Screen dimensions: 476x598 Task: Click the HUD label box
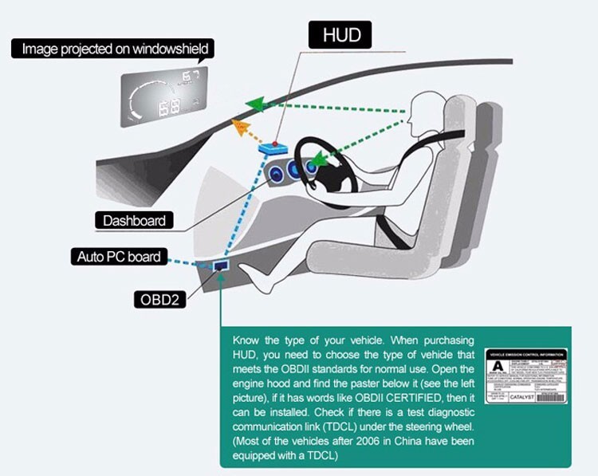[341, 36]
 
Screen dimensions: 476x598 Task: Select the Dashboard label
[134, 220]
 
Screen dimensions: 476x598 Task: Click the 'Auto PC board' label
[119, 257]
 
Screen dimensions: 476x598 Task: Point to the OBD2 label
[159, 300]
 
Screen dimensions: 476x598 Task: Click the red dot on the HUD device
[275, 144]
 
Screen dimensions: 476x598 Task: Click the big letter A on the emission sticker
[498, 365]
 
